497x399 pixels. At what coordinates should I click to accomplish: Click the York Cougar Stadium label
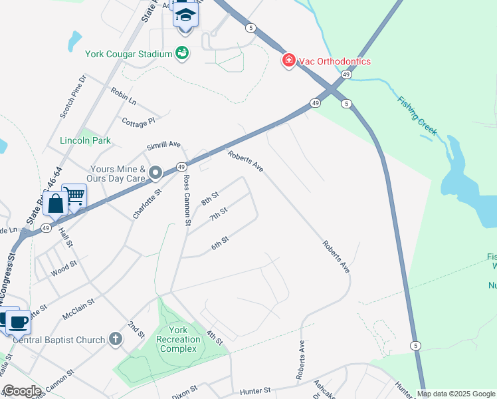pos(128,53)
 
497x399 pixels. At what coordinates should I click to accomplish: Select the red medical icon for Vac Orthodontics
pos(289,61)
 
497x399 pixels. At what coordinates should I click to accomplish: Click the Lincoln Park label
pos(85,140)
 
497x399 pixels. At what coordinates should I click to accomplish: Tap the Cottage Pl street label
pos(138,121)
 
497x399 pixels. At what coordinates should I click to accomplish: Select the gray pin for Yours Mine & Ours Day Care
pos(156,174)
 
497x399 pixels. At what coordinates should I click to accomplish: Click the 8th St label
pos(210,198)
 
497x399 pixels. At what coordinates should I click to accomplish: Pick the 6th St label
pos(220,244)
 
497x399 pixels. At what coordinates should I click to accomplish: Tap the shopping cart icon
pos(74,196)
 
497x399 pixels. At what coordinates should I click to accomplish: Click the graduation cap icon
pos(185,15)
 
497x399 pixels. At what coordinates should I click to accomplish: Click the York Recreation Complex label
pos(178,340)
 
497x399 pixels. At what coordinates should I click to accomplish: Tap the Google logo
pos(21,391)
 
